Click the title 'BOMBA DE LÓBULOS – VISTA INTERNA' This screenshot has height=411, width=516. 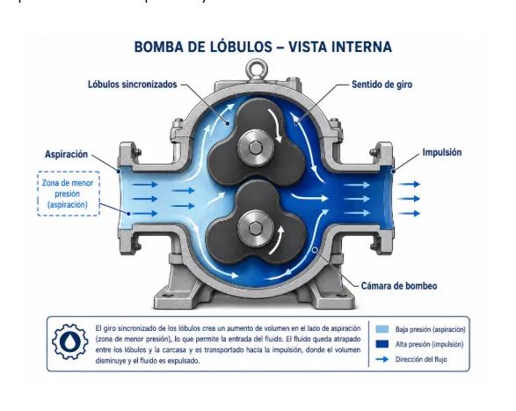coord(263,47)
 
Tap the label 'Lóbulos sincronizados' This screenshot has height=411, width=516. coord(132,84)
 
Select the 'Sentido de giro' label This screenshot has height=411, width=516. coord(382,84)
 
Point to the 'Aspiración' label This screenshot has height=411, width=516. coord(67,154)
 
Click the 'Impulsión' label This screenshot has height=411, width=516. coord(442,152)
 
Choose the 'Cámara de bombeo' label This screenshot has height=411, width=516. coord(399,286)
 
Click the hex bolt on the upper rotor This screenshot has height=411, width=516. coord(256,147)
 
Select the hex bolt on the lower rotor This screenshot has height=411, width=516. coord(256,228)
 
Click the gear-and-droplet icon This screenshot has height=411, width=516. coord(69,341)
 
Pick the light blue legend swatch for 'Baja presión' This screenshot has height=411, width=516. coord(382,329)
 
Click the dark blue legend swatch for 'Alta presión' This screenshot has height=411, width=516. coord(382,344)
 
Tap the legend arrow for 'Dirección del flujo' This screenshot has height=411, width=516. coord(382,359)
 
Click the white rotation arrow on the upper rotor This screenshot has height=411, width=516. coord(276,125)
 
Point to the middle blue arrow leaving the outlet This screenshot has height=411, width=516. coord(409,198)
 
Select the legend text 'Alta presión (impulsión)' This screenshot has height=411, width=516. coord(429,344)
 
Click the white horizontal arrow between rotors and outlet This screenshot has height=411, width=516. coord(309,197)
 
